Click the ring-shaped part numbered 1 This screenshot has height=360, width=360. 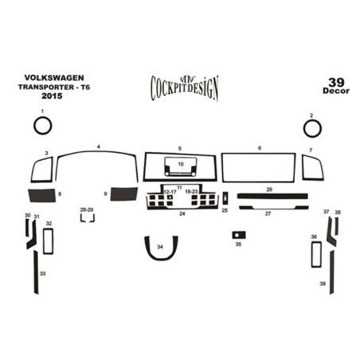34,125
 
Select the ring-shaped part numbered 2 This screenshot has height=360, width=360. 304,129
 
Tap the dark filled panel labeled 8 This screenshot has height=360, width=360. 42,195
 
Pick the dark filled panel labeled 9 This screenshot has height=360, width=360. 124,194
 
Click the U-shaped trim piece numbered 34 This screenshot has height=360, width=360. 161,258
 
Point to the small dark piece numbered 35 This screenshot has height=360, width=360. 239,235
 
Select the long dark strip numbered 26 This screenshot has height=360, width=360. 272,196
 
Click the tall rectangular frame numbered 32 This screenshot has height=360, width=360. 44,241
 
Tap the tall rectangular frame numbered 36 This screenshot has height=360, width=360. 312,254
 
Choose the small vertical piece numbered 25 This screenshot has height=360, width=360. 225,198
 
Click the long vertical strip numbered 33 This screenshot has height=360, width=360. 36,272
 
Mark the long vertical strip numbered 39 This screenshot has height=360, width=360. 332,272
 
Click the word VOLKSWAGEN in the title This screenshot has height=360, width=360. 54,78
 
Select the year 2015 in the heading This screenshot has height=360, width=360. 52,96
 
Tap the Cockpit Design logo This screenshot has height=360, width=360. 185,88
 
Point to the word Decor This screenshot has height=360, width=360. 336,91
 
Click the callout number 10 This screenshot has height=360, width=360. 181,164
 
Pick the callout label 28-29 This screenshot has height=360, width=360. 87,209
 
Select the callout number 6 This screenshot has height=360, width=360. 260,148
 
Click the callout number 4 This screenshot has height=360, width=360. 99,147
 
